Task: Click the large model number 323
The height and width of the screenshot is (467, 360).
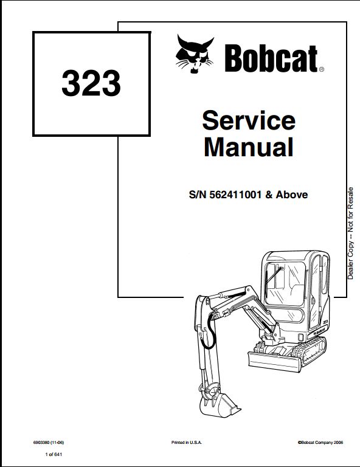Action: click(x=91, y=83)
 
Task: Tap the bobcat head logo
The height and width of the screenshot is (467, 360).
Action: click(x=195, y=54)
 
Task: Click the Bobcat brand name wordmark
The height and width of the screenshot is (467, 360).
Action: click(x=271, y=58)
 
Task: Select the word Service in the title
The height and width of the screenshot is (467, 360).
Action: click(x=249, y=120)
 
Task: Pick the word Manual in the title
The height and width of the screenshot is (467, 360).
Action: click(x=249, y=147)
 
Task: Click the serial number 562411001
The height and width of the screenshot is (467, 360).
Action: click(x=235, y=195)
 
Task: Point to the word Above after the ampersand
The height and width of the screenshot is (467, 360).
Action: click(x=292, y=195)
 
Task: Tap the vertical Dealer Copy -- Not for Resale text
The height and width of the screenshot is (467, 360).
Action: click(x=350, y=233)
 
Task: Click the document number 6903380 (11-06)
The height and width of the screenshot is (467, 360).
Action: click(x=49, y=443)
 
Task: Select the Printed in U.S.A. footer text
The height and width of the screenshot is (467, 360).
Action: click(x=187, y=443)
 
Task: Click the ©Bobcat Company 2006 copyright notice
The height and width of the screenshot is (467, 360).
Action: click(x=320, y=443)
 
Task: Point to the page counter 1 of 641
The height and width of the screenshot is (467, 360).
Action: click(x=54, y=454)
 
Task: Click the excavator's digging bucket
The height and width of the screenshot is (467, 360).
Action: click(x=219, y=404)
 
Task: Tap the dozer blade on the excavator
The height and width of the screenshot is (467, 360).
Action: click(x=274, y=362)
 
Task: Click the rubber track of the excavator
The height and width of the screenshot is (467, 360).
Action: click(x=310, y=350)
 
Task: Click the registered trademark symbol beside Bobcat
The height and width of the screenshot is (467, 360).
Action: click(x=322, y=69)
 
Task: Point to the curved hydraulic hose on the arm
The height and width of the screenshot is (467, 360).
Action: click(x=210, y=331)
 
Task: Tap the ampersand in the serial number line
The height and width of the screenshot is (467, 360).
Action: click(x=269, y=195)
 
